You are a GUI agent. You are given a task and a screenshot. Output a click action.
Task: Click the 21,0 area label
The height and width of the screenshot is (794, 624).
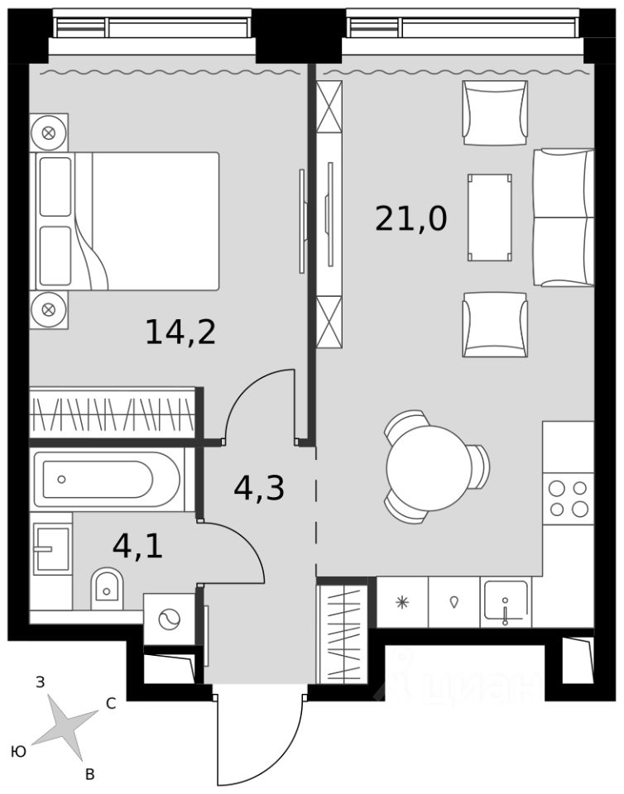(x=410, y=219)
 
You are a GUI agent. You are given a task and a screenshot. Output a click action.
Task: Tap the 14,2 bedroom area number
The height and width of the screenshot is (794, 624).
(x=180, y=332)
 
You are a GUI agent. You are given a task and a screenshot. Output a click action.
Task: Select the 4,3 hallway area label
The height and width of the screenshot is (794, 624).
(x=259, y=488)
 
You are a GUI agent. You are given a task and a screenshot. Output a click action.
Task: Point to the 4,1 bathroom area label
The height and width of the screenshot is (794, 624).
(x=137, y=547)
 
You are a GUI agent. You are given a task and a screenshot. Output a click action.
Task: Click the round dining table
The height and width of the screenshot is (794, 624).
(x=430, y=468)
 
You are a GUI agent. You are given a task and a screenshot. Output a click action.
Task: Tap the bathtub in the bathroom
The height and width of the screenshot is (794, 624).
(x=107, y=479)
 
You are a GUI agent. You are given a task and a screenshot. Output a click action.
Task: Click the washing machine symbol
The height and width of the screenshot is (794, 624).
(x=169, y=619)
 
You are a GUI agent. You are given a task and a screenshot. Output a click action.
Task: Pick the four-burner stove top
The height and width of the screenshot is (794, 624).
(x=568, y=498)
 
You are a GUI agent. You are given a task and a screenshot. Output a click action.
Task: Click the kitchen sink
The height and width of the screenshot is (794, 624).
(x=506, y=601)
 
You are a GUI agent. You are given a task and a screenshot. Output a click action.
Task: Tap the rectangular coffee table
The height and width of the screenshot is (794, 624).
(x=489, y=218)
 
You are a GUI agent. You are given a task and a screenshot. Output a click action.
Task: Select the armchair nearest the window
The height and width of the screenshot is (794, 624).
(x=495, y=113)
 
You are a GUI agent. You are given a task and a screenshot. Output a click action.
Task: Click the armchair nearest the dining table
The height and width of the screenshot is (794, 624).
(x=495, y=324)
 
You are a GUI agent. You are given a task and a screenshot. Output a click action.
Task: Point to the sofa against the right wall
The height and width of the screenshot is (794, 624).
(x=564, y=218)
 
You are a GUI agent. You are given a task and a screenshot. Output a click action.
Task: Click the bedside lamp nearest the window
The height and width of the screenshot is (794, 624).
(x=49, y=132)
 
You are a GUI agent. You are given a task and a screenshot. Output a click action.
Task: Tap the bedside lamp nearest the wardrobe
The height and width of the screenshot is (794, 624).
(x=49, y=309)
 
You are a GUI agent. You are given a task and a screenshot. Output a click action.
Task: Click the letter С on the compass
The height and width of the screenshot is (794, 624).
(x=110, y=703)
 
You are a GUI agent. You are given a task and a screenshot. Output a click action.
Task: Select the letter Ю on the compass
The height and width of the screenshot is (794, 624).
(x=19, y=752)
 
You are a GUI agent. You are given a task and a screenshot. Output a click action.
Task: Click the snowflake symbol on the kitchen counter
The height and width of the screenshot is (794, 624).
(x=402, y=602)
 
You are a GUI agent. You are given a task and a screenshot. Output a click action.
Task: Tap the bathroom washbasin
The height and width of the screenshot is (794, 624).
(x=51, y=549)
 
